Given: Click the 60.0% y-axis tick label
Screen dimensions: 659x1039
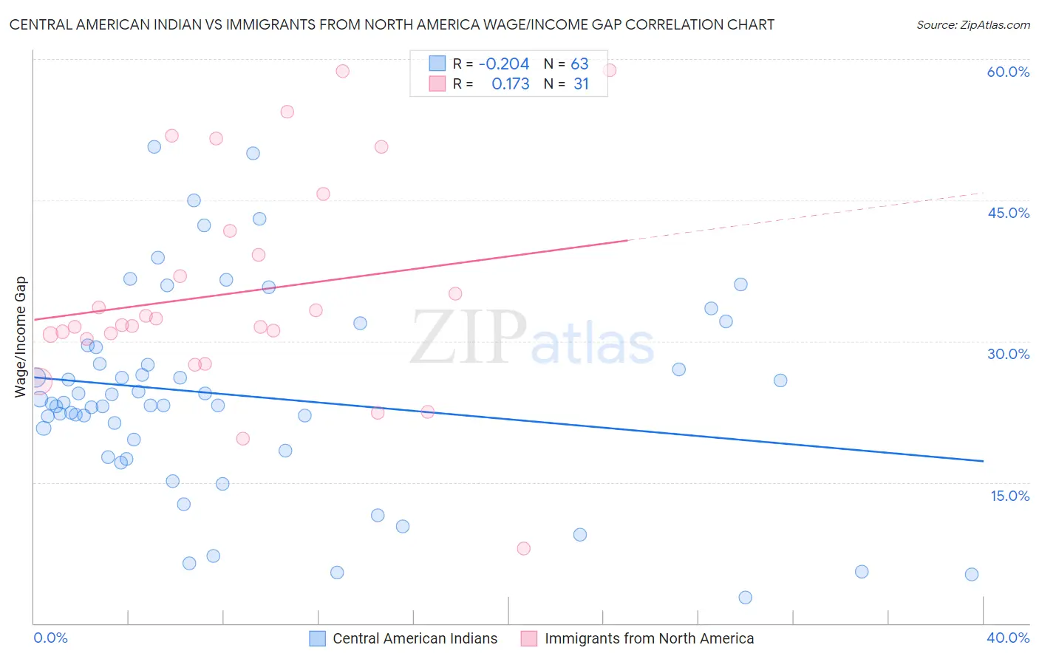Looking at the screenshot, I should pos(1008,72).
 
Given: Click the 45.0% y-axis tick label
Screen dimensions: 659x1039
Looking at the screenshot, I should pos(1008,213).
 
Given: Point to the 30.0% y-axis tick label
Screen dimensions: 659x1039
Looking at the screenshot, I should pos(1008,354).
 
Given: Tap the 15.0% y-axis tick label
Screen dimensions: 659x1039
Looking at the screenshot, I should pos(1009,496).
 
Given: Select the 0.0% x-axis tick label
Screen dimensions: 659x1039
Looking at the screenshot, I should pos(50,638).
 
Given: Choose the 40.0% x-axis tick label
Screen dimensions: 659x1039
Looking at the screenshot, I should pos(1008,638).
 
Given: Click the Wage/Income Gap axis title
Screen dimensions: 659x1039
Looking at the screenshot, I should pos(21,337).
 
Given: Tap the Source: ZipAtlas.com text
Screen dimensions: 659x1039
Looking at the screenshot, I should pos(972,25).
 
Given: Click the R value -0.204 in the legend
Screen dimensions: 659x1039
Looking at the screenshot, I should pos(504,64).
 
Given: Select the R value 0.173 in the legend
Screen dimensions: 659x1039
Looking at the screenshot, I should pos(510,84).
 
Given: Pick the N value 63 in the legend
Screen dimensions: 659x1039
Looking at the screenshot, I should pos(579,64).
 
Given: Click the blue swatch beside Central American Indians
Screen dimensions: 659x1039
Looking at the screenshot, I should pos(318,638).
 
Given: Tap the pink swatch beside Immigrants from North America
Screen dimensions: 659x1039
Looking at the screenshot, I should pos(529,638).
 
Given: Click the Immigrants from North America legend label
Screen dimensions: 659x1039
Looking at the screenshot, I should pos(649,638).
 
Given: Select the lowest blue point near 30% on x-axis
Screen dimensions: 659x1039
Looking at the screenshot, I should pos(745,597).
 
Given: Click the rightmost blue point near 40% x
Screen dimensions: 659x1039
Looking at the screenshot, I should pos(972,574).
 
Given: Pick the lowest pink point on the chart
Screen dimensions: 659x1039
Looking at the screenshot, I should pos(524,548).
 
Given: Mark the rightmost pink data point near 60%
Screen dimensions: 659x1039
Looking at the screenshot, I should pos(610,70).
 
